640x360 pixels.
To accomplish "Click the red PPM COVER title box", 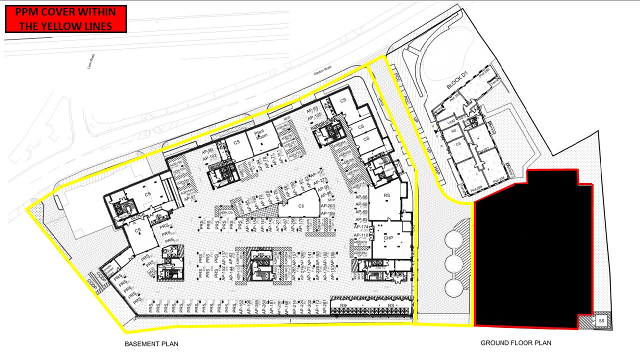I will click(65, 19).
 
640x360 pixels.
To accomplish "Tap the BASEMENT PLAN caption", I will click(151, 344).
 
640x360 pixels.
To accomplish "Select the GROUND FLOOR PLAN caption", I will click(515, 343).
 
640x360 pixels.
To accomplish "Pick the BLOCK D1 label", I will click(457, 80).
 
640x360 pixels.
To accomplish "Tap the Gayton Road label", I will click(323, 71).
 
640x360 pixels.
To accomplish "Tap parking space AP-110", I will click(361, 235).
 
